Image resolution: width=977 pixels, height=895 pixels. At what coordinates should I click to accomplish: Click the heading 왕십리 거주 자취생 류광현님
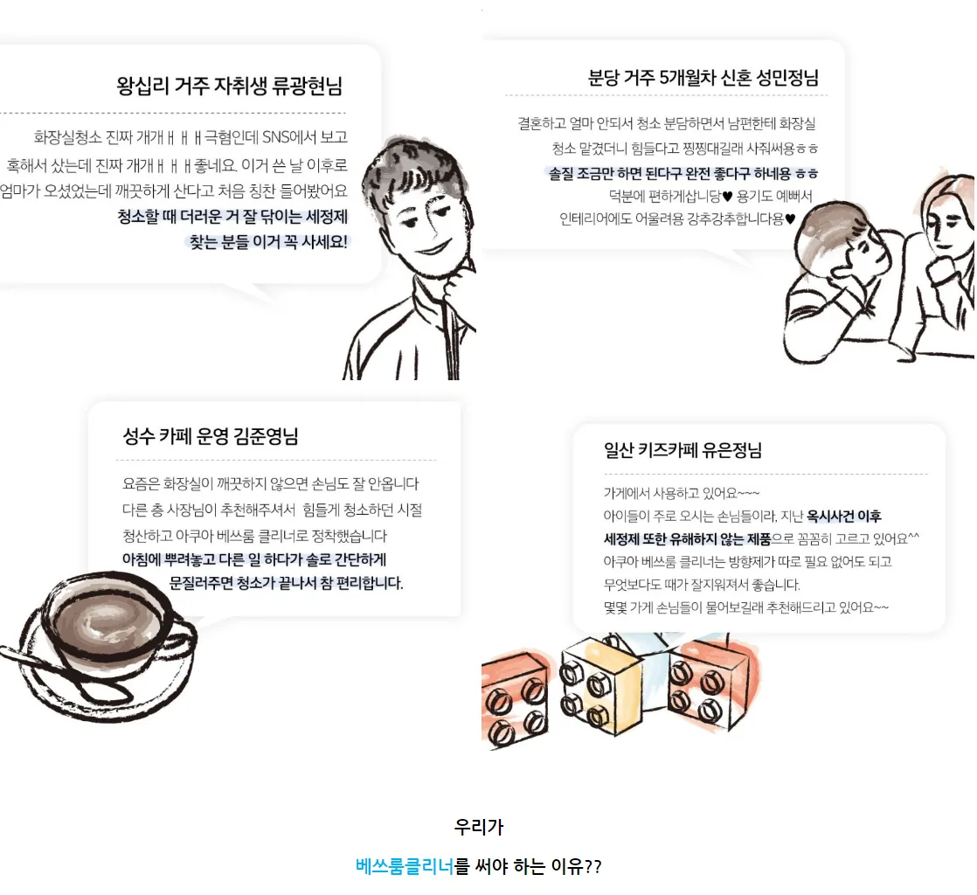click(x=229, y=86)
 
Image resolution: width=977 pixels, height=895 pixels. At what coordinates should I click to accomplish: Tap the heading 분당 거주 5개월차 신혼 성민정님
click(x=703, y=78)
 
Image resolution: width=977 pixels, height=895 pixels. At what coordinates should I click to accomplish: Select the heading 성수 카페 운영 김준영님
click(x=211, y=435)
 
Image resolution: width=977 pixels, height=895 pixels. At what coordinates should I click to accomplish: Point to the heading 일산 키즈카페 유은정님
click(x=683, y=450)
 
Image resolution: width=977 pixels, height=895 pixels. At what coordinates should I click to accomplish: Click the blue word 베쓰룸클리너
click(x=405, y=865)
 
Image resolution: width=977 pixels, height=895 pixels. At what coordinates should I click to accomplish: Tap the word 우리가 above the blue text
click(x=479, y=827)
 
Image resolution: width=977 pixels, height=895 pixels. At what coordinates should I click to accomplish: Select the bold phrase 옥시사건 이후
click(x=843, y=516)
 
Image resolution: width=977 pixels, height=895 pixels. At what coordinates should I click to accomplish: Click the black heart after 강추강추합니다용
click(x=790, y=219)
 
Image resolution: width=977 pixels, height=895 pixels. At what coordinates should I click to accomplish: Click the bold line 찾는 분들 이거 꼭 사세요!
click(x=268, y=242)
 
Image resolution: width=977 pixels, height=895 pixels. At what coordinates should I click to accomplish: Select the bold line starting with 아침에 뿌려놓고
click(x=254, y=559)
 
